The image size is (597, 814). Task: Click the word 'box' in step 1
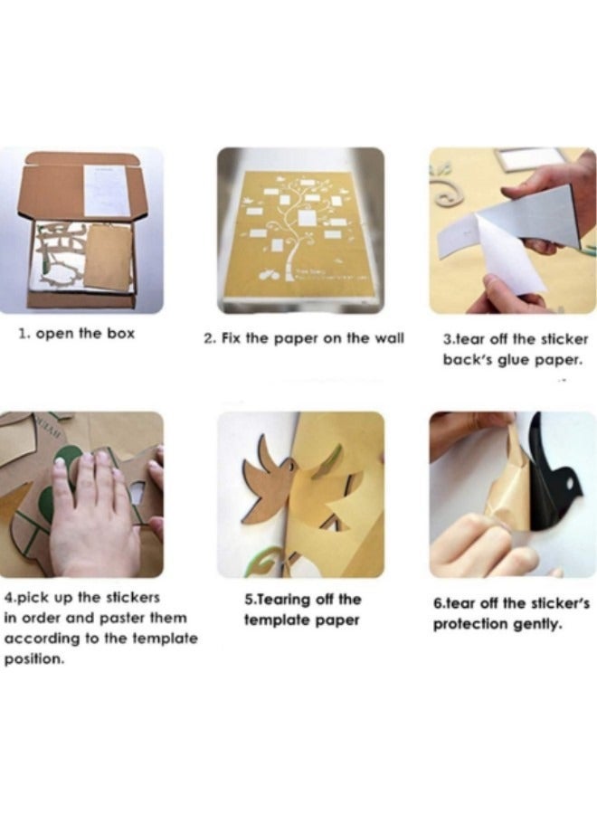coord(120,333)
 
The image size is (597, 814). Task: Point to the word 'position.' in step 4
coord(34,660)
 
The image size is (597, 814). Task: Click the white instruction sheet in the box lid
coord(108,190)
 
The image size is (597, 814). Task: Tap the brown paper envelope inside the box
coord(108,257)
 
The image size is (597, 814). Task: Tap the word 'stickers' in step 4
coord(133,598)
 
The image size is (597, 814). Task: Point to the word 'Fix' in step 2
coord(230,338)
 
